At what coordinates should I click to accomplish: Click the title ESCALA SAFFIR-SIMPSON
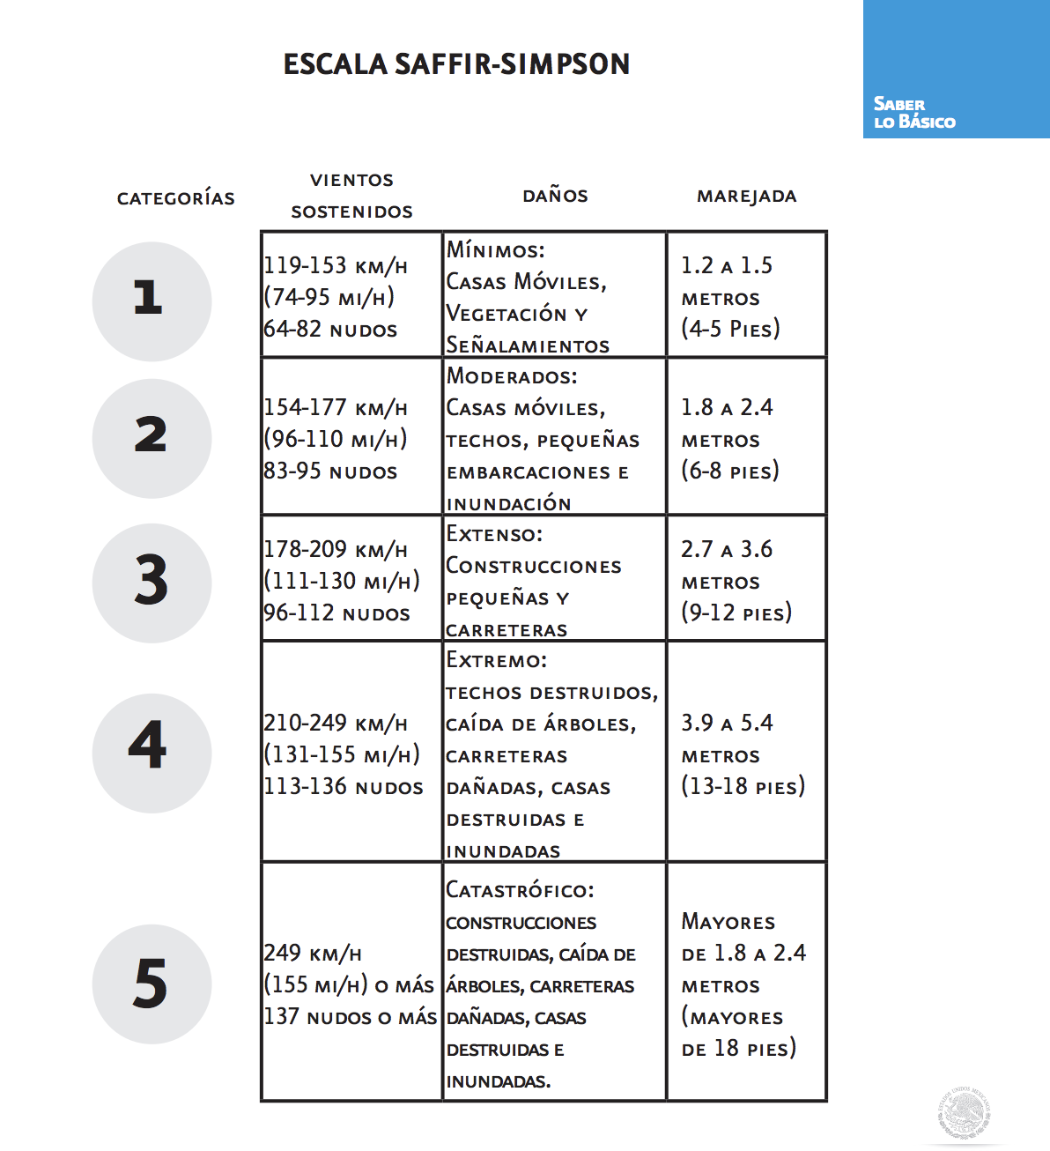[456, 64]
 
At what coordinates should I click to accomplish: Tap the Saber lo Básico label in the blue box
[913, 113]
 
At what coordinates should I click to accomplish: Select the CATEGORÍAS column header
[176, 198]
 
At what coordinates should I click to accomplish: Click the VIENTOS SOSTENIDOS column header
[351, 196]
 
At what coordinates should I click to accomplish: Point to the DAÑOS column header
[555, 196]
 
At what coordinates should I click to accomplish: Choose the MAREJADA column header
[746, 196]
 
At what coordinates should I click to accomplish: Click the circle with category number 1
[152, 301]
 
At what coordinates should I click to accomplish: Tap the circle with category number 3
[152, 583]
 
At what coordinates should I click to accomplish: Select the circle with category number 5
[152, 984]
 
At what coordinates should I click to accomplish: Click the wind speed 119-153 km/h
[336, 265]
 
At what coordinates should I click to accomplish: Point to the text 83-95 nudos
[330, 472]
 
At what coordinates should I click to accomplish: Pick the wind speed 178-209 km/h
[336, 550]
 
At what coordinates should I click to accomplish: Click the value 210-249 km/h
[336, 724]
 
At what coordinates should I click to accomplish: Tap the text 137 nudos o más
[350, 1017]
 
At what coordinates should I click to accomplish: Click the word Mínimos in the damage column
[495, 250]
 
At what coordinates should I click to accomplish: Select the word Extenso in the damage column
[494, 534]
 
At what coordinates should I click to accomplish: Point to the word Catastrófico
[520, 890]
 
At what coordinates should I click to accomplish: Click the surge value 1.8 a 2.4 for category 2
[727, 407]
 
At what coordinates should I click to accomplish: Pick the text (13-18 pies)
[743, 786]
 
